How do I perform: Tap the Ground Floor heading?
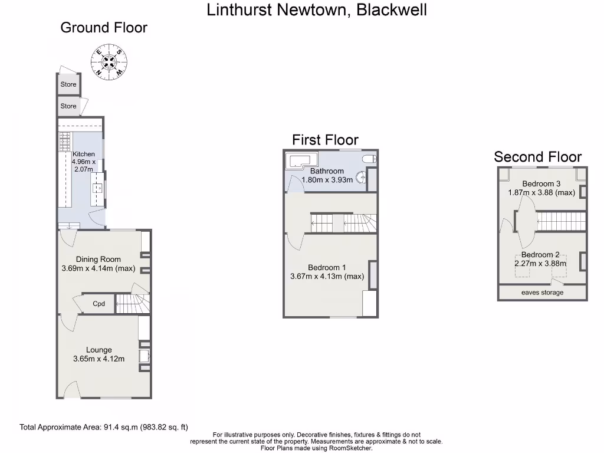[x=104, y=28]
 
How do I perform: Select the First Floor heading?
[x=325, y=140]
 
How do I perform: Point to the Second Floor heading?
[x=537, y=157]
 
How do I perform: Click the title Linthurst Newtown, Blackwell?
[x=317, y=10]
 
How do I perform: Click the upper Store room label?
[x=68, y=84]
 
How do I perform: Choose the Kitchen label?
[x=83, y=154]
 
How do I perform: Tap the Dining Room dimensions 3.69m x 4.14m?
[x=98, y=268]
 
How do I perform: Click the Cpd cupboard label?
[x=99, y=304]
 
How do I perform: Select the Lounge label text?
[x=99, y=350]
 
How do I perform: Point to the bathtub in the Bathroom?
[x=300, y=160]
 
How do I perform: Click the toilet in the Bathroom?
[x=369, y=159]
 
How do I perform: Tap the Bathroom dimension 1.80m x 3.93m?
[x=327, y=180]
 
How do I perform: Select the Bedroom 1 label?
[x=327, y=267]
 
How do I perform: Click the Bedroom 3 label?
[x=541, y=183]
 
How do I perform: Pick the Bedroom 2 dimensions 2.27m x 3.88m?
[x=541, y=264]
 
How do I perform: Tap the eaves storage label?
[x=542, y=293]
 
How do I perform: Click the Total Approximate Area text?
[x=104, y=427]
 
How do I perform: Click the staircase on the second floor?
[x=561, y=222]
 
